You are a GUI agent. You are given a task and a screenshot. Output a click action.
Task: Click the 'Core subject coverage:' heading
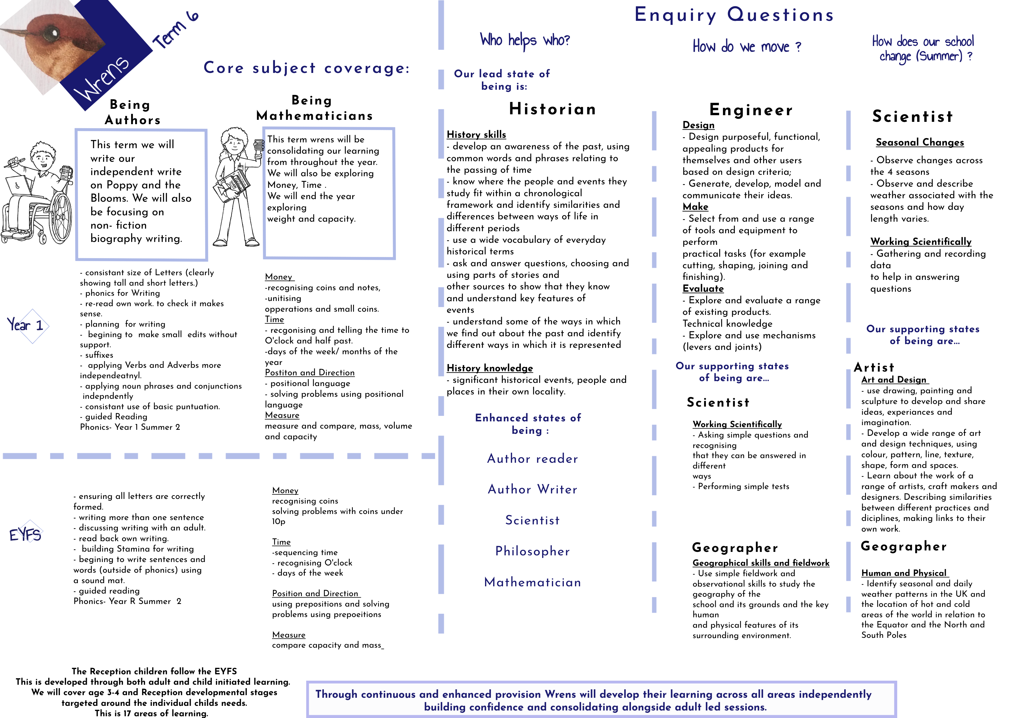point(306,68)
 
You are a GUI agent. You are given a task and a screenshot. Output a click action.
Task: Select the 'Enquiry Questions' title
point(734,14)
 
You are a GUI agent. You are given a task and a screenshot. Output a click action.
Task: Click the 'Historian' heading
point(553,109)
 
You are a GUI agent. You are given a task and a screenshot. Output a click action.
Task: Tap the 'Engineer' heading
point(751,110)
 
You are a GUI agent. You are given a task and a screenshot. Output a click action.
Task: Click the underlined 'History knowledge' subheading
point(489,368)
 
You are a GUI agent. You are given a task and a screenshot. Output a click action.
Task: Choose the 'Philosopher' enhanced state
point(532,551)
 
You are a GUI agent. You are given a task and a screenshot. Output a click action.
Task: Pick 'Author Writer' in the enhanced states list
point(532,489)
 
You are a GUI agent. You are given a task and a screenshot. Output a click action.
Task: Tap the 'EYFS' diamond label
point(25,535)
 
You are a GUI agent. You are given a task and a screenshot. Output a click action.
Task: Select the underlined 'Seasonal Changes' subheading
point(919,142)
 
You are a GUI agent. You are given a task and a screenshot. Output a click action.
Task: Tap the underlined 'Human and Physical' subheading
point(904,573)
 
